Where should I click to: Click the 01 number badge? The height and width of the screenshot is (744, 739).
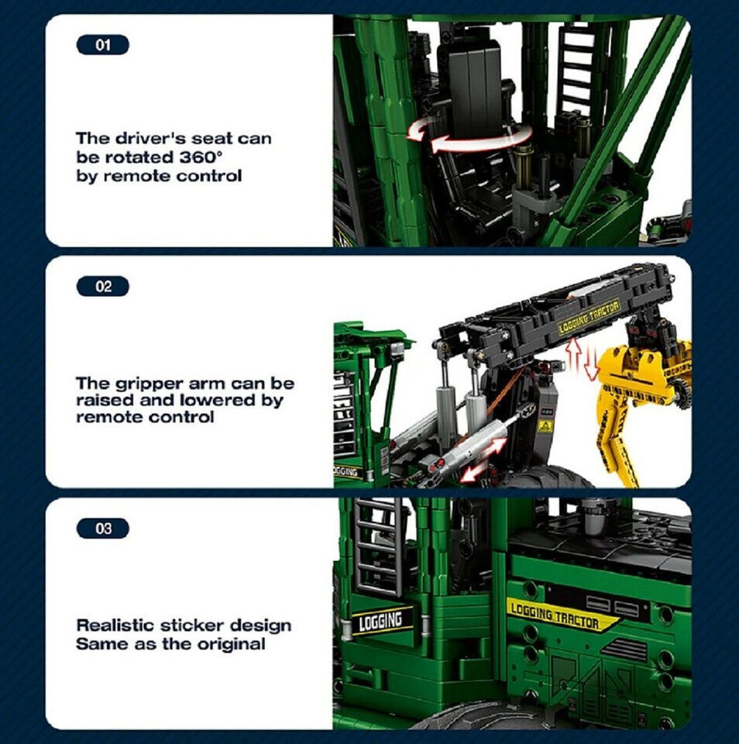102,45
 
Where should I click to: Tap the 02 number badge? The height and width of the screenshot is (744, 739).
102,287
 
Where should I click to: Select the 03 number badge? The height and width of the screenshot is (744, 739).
102,528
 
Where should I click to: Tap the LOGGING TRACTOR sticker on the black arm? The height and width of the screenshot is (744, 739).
589,317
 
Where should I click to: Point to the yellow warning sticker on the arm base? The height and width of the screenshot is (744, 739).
545,425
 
